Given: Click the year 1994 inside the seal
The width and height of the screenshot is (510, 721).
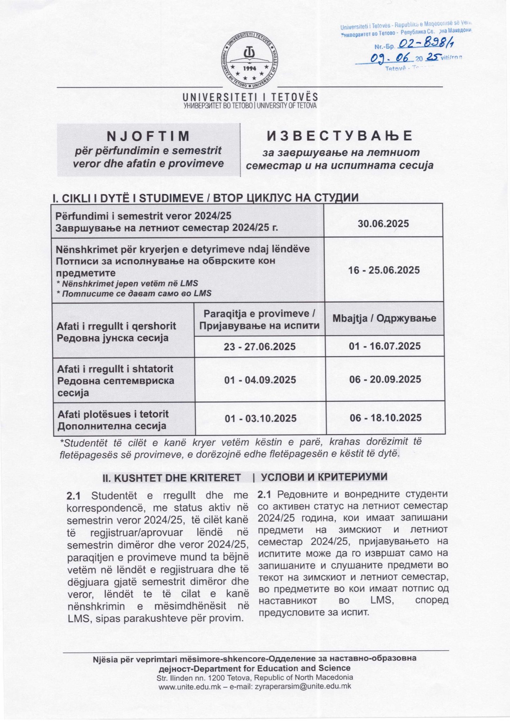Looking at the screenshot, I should point(250,68).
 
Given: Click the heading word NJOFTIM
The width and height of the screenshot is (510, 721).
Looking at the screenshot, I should point(148,136).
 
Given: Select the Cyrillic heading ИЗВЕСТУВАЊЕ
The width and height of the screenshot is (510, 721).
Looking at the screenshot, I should point(340,136).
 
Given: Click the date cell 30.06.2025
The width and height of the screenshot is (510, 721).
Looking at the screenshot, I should point(383,224).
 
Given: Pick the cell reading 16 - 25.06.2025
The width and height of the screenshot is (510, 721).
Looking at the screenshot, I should point(384,270).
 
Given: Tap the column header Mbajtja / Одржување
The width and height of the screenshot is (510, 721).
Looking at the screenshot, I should point(384,319).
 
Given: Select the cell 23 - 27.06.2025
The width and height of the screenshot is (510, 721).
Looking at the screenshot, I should point(260,346).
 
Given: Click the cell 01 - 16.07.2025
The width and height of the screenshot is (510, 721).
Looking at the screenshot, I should point(385,346).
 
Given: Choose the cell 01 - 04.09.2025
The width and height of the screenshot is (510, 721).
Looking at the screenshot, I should point(260,380).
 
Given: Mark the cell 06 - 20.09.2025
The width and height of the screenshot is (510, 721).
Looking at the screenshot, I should point(385,380).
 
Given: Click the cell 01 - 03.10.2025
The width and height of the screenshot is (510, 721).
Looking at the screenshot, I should point(261,418).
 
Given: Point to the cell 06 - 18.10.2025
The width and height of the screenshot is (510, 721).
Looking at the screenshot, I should point(386,418).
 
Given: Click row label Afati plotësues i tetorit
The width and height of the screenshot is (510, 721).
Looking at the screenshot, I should point(113,414).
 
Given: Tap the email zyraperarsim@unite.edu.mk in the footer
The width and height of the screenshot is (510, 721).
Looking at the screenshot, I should point(303,686).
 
